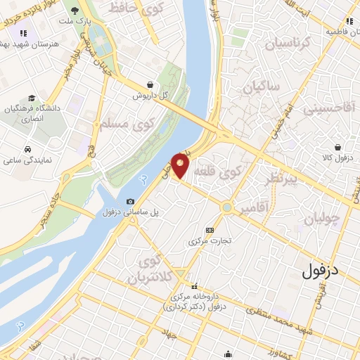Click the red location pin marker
click(181, 165)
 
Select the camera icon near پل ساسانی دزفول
click(130, 202)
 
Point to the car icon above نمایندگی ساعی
click(27, 150)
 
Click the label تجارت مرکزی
click(208, 241)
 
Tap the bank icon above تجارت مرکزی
click(209, 230)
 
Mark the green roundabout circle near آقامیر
click(226, 207)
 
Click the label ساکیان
click(262, 88)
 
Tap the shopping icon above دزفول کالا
click(340, 147)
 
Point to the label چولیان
click(323, 218)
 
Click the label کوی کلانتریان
click(148, 270)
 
